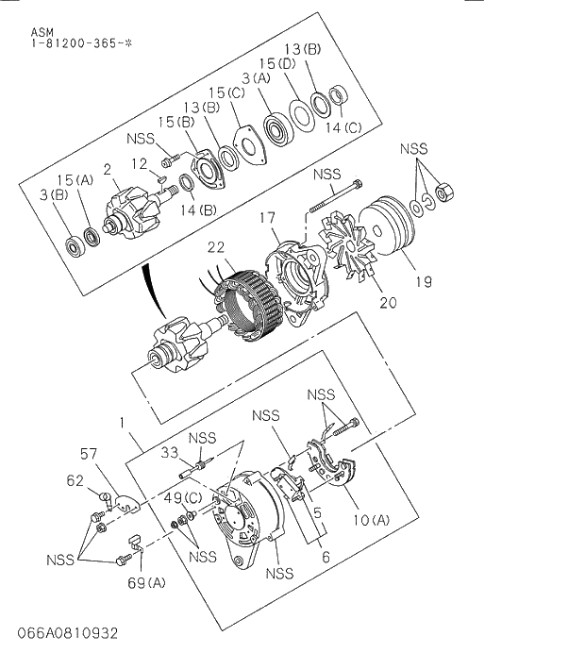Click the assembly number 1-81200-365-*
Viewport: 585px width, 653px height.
click(x=69, y=43)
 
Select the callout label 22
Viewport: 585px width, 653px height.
click(x=216, y=246)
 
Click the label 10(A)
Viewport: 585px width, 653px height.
click(x=371, y=520)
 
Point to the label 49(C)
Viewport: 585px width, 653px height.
click(x=182, y=497)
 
